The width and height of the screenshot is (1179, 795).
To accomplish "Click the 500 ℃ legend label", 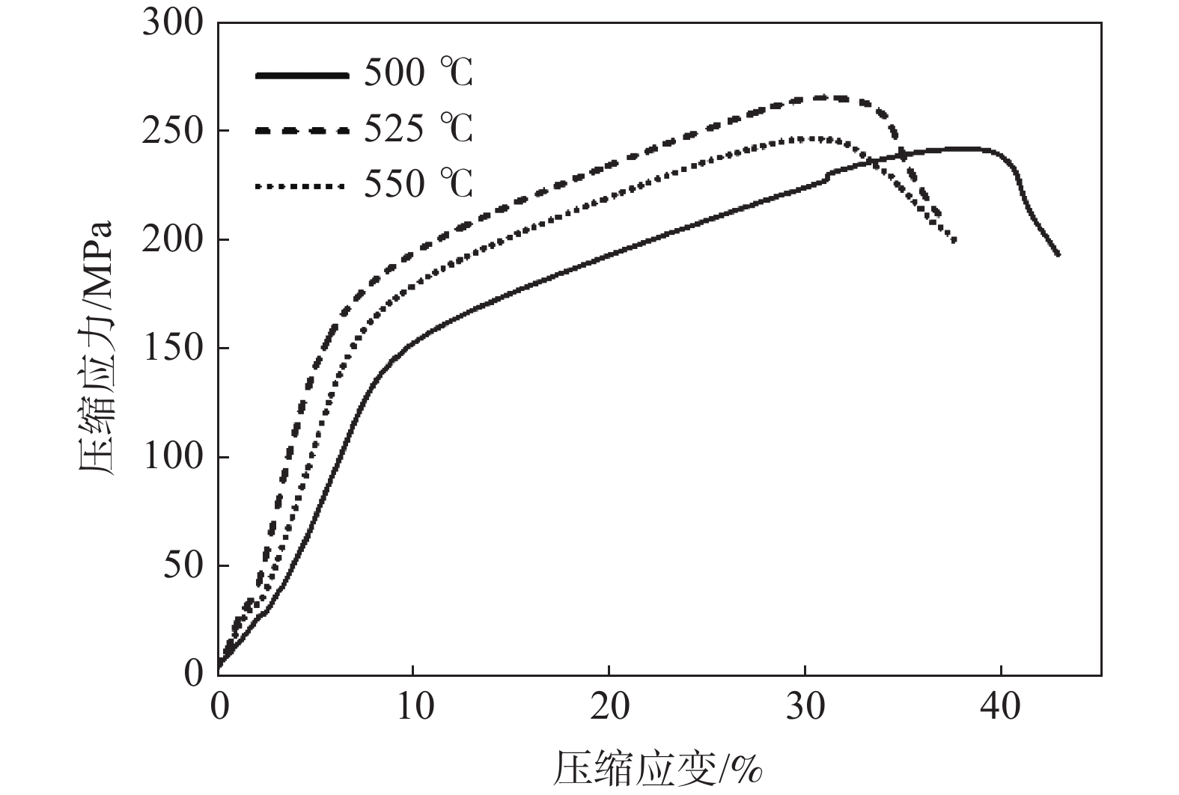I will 418,74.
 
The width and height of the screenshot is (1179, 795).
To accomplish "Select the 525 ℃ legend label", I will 418,129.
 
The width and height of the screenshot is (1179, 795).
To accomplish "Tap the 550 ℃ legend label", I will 418,183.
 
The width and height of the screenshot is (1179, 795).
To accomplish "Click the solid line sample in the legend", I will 302,75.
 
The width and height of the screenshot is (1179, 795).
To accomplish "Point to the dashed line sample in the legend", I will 302,130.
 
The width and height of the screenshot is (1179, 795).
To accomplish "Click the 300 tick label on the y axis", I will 173,23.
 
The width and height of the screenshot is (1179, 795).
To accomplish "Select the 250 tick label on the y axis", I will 173,132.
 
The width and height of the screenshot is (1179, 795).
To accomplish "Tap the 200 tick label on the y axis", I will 173,240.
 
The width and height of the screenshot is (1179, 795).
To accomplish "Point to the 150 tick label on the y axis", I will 173,349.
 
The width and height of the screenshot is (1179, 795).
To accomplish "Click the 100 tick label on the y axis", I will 173,457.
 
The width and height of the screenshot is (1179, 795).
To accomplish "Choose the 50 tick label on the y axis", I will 183,565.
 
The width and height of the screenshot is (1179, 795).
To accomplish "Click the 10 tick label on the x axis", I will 414,706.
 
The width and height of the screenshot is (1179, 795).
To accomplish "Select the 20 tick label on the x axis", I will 609,706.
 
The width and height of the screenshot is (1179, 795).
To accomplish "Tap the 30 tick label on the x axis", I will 805,706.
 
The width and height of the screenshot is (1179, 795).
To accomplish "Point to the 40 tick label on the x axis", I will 1001,706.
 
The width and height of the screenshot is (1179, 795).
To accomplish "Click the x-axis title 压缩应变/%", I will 658,768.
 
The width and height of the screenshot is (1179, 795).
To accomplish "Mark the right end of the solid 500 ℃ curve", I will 1058,254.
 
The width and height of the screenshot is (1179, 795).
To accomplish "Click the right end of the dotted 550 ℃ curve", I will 954,240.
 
